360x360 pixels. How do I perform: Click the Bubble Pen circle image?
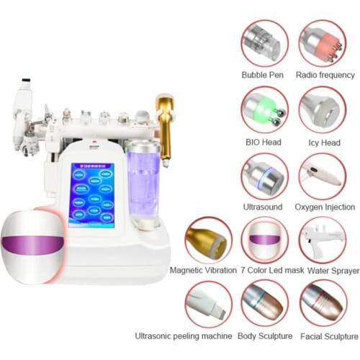[x=264, y=43]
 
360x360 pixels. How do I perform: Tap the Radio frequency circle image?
[x=322, y=43]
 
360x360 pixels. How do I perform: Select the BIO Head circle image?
[x=264, y=109]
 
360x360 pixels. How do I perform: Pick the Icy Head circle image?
[x=322, y=109]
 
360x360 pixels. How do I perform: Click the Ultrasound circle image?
[x=264, y=176]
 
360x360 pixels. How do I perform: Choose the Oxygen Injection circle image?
[x=322, y=176]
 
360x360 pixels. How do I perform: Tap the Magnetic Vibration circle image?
[x=208, y=240]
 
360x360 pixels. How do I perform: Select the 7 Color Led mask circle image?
[x=264, y=240]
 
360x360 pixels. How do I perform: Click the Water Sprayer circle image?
[x=322, y=240]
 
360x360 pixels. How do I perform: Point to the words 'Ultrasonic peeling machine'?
[x=184, y=336]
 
